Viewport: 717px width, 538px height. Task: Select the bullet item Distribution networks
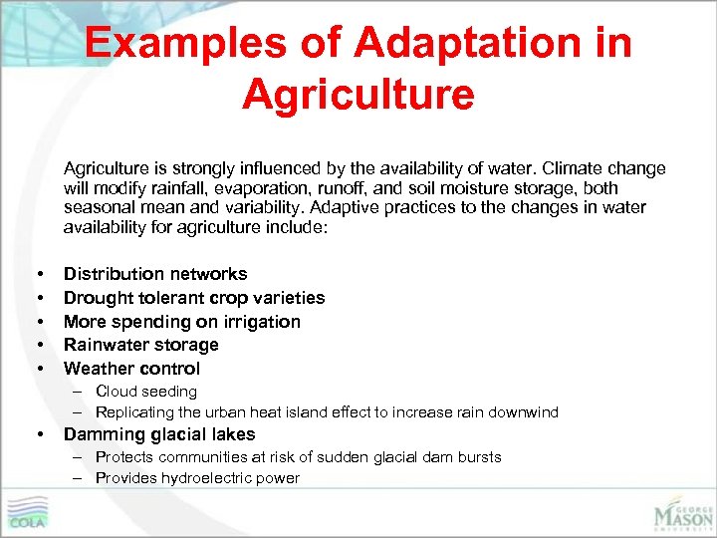coord(155,274)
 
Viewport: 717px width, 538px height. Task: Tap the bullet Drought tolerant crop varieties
coord(194,298)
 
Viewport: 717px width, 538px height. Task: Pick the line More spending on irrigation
coord(181,322)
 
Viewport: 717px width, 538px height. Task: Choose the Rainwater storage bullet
coord(140,345)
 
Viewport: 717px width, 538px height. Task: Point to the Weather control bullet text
coord(131,369)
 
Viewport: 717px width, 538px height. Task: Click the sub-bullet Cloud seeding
coord(145,392)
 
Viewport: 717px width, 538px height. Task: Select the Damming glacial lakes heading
coord(159,434)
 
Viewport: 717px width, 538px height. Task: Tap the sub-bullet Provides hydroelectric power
coord(197,478)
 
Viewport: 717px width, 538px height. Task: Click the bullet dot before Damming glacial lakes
coord(39,435)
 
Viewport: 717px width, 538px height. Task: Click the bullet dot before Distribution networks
coord(39,274)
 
